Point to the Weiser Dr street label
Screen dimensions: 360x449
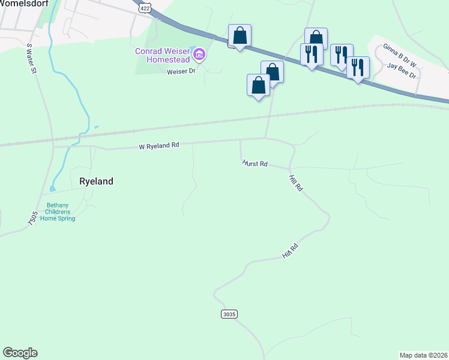tap(181, 71)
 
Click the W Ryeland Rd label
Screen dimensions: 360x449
tap(159, 145)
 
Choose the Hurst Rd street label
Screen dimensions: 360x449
tap(255, 163)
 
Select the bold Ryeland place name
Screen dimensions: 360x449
tap(96, 181)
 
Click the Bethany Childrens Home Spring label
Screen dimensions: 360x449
tap(58, 212)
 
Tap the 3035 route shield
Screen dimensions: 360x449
tap(229, 314)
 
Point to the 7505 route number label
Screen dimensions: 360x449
tap(32, 218)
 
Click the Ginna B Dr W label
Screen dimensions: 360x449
tap(400, 52)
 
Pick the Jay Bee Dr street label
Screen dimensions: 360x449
tap(402, 69)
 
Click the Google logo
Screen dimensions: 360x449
tap(20, 353)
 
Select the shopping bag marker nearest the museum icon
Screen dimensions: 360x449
tap(240, 36)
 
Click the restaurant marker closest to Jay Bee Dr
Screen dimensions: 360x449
tap(358, 68)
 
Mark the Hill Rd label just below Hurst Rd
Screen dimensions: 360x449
tap(295, 184)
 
